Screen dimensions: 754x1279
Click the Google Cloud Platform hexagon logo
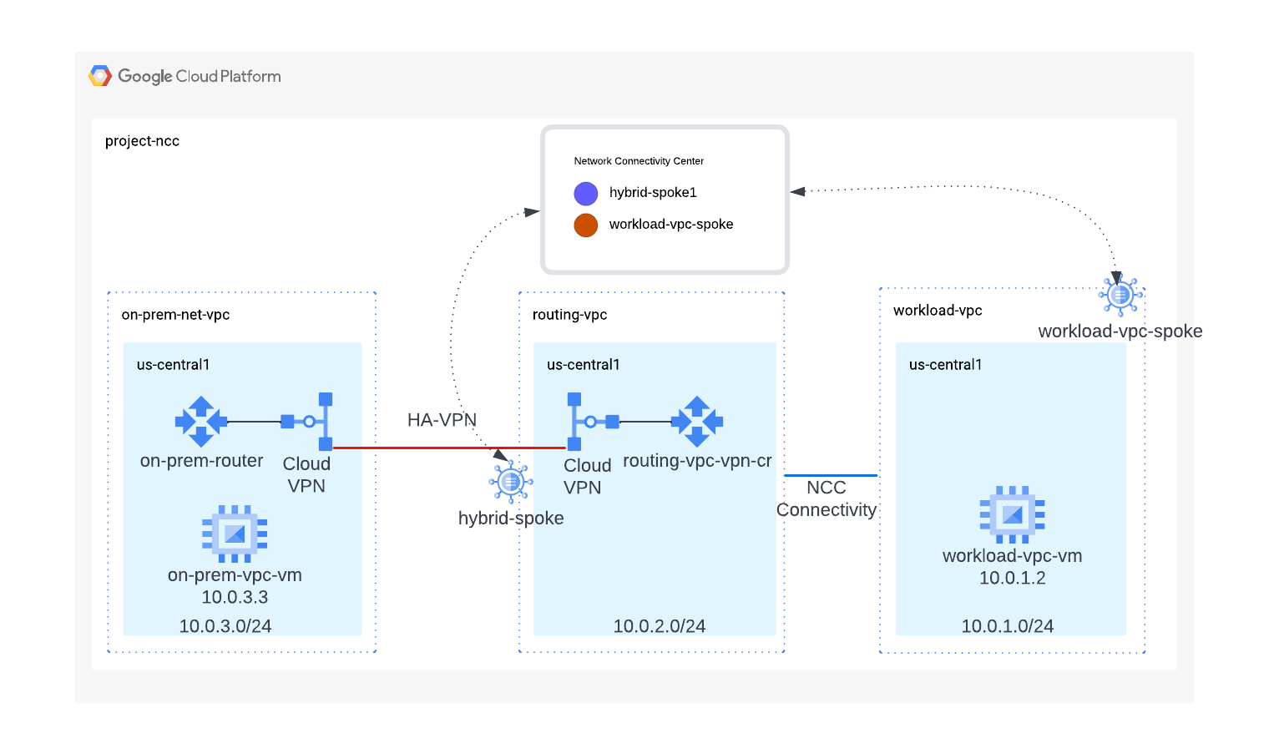tap(100, 76)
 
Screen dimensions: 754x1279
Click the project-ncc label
tap(142, 141)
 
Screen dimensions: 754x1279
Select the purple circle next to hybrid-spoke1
tap(586, 194)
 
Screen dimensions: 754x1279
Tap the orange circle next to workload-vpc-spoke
tap(586, 225)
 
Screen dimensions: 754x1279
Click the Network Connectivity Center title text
tap(639, 161)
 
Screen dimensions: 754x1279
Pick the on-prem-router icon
tap(200, 422)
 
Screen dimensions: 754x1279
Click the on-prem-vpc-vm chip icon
tap(235, 533)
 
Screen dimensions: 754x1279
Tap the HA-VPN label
tap(442, 420)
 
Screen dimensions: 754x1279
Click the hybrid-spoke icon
tap(511, 482)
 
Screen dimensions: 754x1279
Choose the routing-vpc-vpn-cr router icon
tap(697, 422)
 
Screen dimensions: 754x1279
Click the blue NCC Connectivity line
tap(831, 475)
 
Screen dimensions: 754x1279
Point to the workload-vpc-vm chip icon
tap(1012, 514)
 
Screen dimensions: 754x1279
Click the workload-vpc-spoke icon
tap(1120, 295)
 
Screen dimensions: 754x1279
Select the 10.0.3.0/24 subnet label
tap(225, 626)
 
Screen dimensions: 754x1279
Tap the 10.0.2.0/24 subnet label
tap(660, 626)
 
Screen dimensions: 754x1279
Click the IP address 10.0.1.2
tap(1012, 578)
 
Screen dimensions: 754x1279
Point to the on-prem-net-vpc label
tap(175, 315)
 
